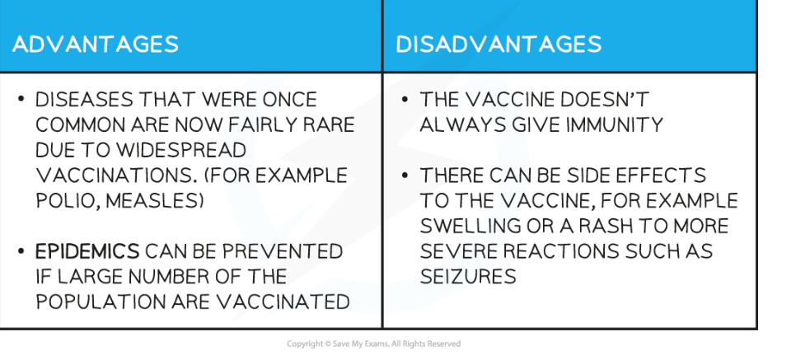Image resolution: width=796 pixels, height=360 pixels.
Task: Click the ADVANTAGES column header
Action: click(x=96, y=44)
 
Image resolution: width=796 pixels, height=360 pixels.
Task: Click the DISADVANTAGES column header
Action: click(x=499, y=44)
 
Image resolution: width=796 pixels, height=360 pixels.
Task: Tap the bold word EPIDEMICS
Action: click(x=87, y=251)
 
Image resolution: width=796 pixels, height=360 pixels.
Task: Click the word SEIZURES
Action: click(x=468, y=277)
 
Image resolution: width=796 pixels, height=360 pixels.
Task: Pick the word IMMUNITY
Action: click(x=614, y=125)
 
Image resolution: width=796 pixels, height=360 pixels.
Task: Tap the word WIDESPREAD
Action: click(x=181, y=150)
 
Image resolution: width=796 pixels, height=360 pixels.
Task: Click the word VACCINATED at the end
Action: click(x=283, y=302)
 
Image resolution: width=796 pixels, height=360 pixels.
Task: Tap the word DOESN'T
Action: click(x=604, y=100)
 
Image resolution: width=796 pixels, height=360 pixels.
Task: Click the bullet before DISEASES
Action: click(x=21, y=99)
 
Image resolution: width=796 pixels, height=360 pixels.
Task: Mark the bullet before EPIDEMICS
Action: click(x=21, y=250)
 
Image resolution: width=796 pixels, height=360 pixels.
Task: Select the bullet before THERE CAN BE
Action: click(x=405, y=175)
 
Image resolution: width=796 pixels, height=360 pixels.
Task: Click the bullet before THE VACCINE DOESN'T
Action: click(x=405, y=99)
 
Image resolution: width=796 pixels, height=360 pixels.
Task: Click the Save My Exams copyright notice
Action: click(x=373, y=344)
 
